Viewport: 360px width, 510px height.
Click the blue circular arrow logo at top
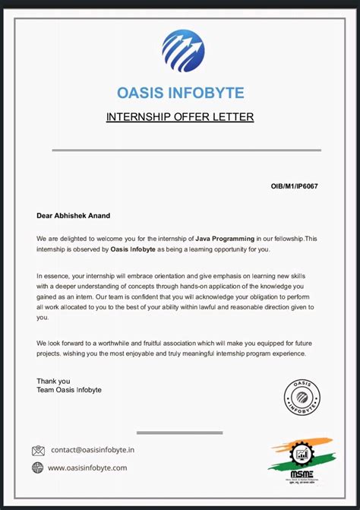point(183,51)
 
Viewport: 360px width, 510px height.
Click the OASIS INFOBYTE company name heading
point(181,93)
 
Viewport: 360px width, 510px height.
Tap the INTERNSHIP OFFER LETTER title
point(180,117)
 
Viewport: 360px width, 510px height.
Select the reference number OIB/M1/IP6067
point(295,185)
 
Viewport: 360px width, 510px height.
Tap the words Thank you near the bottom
point(53,381)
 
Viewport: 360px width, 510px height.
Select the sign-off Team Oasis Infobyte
point(69,390)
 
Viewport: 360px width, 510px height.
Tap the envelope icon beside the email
point(38,451)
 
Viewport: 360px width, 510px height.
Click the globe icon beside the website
point(38,468)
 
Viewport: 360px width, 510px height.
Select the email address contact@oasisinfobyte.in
point(93,450)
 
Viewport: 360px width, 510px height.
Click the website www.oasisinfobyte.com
point(87,468)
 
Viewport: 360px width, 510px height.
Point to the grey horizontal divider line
point(186,150)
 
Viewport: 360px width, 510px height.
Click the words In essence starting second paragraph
point(55,275)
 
